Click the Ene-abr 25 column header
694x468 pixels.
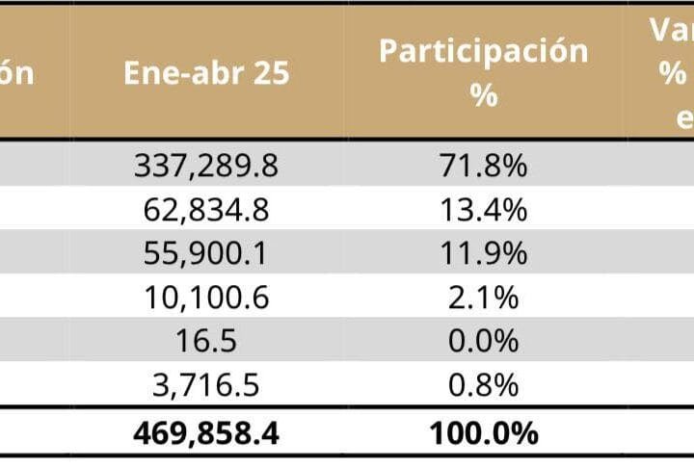pyautogui.click(x=206, y=74)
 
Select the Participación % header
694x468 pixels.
pyautogui.click(x=484, y=73)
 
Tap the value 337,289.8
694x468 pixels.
pyautogui.click(x=206, y=166)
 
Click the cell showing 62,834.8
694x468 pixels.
pyautogui.click(x=206, y=210)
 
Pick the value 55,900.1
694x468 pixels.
pyautogui.click(x=206, y=253)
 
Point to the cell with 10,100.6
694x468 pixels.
pyautogui.click(x=206, y=298)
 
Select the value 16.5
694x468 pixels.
pyautogui.click(x=206, y=341)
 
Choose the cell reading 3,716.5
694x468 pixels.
pyautogui.click(x=206, y=385)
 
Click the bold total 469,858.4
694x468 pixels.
pyautogui.click(x=206, y=433)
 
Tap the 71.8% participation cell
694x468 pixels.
pyautogui.click(x=484, y=166)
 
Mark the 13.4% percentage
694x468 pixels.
pyautogui.click(x=484, y=210)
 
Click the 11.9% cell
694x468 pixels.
pyautogui.click(x=484, y=253)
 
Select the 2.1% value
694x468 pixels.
pyautogui.click(x=484, y=298)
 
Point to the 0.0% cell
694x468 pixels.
pyautogui.click(x=484, y=341)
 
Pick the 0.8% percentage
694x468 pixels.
pyautogui.click(x=484, y=385)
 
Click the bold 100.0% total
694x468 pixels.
pyautogui.click(x=484, y=433)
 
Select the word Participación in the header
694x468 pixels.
pyautogui.click(x=484, y=51)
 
